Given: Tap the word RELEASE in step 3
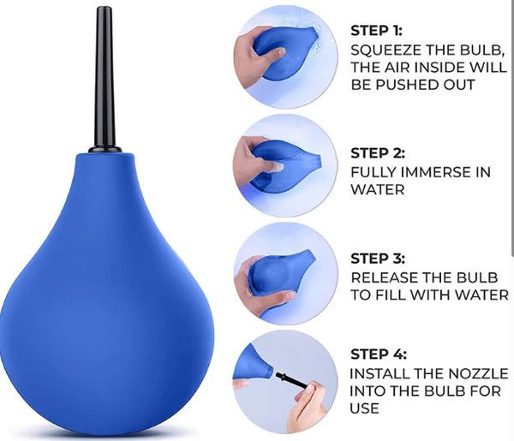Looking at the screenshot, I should [x=385, y=277].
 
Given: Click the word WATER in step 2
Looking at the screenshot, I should [x=378, y=189].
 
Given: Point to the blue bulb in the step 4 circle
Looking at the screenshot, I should [x=255, y=363].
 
